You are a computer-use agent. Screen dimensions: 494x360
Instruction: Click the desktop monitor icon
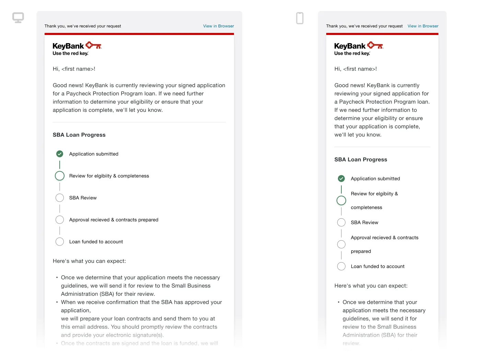(x=18, y=17)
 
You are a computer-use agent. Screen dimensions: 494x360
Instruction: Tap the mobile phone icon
(x=300, y=18)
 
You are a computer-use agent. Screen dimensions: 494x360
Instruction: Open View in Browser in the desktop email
(x=219, y=26)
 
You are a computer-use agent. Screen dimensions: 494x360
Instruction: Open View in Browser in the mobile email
(x=423, y=26)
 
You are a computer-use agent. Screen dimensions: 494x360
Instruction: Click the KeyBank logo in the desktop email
(x=77, y=48)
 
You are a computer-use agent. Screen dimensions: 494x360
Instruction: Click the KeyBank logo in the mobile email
(x=358, y=48)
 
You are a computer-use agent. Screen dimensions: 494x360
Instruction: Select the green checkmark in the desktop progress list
(x=60, y=154)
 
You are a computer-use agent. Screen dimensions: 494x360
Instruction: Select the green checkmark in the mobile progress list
(x=341, y=179)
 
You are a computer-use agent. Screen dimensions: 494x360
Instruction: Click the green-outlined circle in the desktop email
(x=60, y=176)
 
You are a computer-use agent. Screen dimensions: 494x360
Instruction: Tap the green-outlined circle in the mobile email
(x=341, y=201)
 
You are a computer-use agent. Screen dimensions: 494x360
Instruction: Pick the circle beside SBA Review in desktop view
(x=60, y=198)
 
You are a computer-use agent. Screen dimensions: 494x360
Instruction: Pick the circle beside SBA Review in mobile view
(x=341, y=223)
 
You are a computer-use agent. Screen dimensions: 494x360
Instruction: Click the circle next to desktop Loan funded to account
(x=60, y=242)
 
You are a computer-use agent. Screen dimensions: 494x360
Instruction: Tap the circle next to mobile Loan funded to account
(x=341, y=266)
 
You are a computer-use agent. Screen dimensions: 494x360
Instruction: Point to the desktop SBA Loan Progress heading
(x=79, y=135)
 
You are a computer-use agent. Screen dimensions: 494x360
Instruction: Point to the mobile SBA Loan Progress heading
(x=361, y=160)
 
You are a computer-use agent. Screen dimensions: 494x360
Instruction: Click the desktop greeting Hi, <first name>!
(x=74, y=69)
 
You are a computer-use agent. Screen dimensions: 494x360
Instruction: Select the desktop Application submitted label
(x=94, y=154)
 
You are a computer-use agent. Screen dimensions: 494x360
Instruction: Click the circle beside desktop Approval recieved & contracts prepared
(x=60, y=220)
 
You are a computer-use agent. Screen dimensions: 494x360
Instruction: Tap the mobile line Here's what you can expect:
(x=371, y=286)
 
